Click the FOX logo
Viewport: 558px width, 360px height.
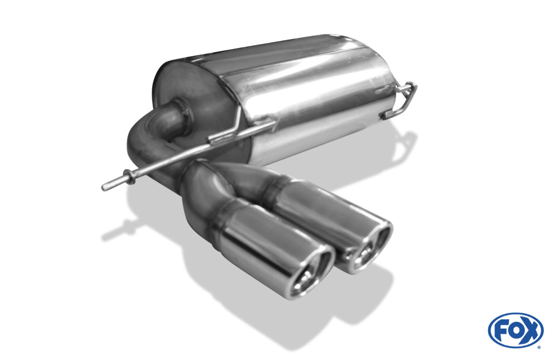pyautogui.click(x=516, y=330)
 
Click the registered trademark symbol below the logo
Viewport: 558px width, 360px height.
pyautogui.click(x=538, y=347)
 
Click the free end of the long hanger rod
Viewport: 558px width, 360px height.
pyautogui.click(x=105, y=187)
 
